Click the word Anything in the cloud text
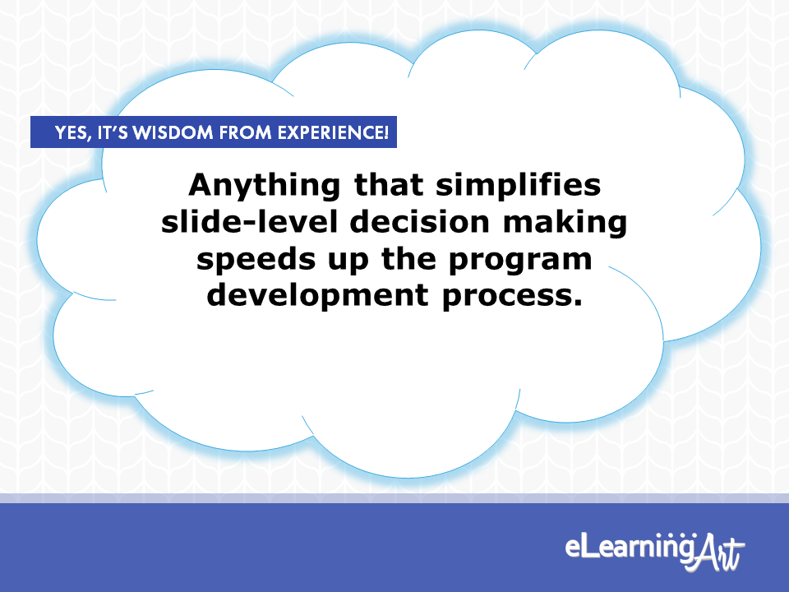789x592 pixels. point(264,187)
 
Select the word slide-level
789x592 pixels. point(249,221)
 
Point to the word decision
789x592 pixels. point(420,221)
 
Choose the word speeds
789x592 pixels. point(256,260)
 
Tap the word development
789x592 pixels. point(318,295)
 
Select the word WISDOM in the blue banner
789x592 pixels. point(173,132)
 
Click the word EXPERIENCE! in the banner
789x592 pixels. point(333,132)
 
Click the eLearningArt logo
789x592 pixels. point(654,551)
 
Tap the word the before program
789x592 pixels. point(408,259)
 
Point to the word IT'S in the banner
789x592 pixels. point(113,132)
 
